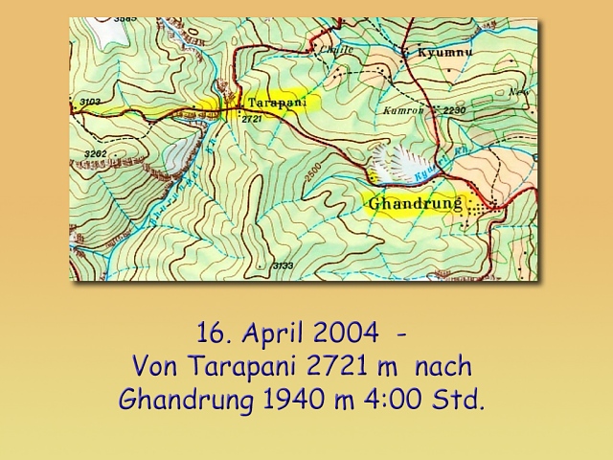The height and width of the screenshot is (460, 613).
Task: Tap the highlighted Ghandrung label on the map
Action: pyautogui.click(x=415, y=204)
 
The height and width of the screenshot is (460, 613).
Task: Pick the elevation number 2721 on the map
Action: pyautogui.click(x=252, y=118)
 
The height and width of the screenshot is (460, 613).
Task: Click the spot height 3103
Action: pyautogui.click(x=91, y=101)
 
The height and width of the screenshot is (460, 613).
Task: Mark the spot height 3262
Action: pyautogui.click(x=95, y=153)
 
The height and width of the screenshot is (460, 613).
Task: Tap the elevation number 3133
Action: pyautogui.click(x=283, y=265)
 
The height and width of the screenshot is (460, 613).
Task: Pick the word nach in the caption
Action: pyautogui.click(x=443, y=367)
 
